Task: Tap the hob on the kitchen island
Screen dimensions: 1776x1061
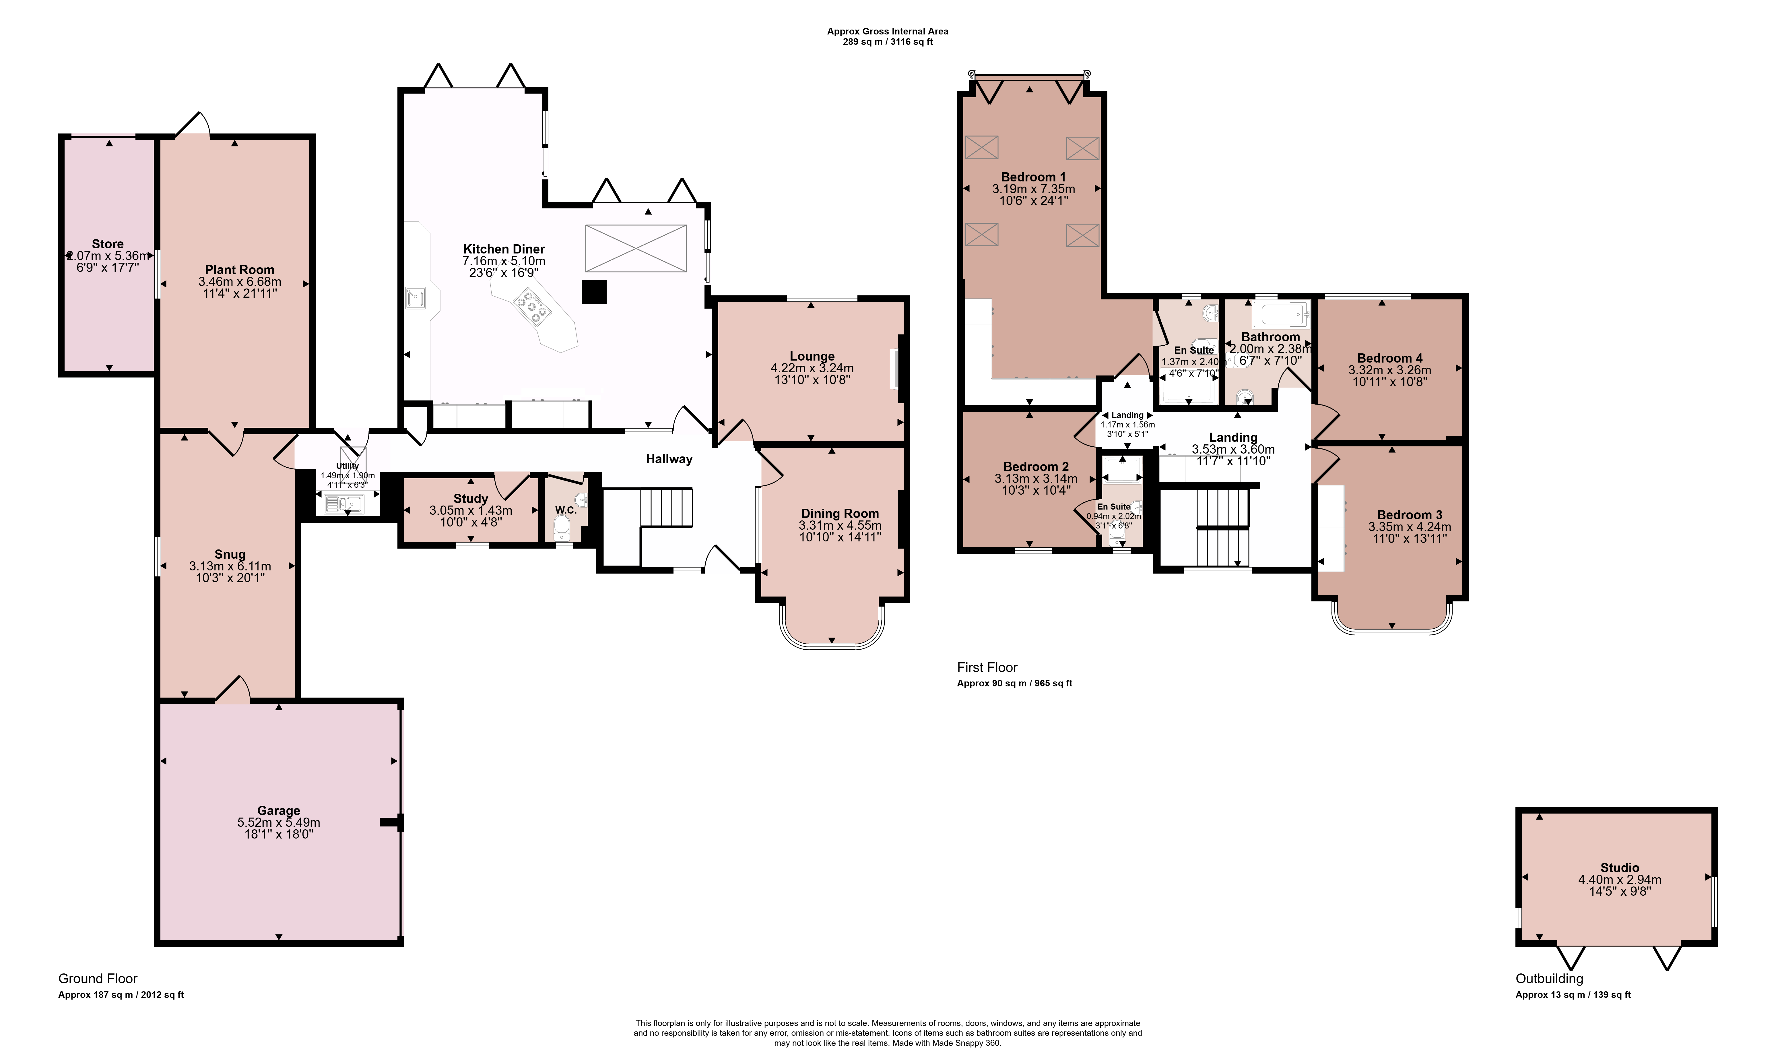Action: tap(532, 307)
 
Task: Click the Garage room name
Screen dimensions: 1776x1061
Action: tap(279, 811)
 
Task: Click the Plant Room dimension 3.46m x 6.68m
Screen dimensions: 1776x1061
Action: tap(239, 282)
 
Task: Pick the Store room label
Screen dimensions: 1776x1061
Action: tap(108, 244)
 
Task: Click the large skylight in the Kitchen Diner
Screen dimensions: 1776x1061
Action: tap(635, 248)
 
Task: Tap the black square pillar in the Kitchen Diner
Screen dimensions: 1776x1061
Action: tap(594, 292)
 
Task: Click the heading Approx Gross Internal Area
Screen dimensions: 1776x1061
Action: tap(888, 32)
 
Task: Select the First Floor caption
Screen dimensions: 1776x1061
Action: tap(987, 667)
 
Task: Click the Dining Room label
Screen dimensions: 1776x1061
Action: tap(840, 513)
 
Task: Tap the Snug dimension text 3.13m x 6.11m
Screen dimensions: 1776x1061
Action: tap(230, 566)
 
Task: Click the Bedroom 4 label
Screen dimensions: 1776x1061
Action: tap(1389, 358)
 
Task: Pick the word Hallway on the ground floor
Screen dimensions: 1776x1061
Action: tap(669, 459)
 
